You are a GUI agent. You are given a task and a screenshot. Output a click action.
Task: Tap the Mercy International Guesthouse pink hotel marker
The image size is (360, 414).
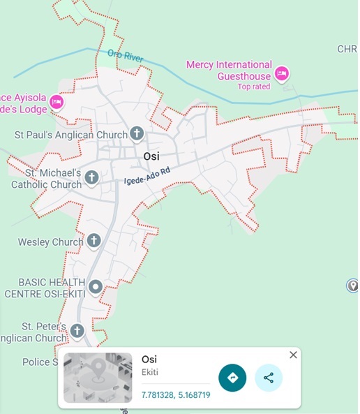[x=282, y=73]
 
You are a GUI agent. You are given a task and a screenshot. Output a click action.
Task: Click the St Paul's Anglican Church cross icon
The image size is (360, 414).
[x=137, y=133]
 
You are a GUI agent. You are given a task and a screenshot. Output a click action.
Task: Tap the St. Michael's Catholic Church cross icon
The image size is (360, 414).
[x=91, y=179]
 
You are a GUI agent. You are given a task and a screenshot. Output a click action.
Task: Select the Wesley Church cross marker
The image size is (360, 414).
[x=93, y=242]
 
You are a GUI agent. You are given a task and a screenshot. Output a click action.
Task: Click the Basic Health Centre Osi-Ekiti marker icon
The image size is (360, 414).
[x=96, y=286]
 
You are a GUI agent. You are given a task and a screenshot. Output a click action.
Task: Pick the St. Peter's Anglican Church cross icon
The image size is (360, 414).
[x=77, y=330]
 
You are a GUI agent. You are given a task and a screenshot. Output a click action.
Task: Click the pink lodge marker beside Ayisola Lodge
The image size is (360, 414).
[x=57, y=103]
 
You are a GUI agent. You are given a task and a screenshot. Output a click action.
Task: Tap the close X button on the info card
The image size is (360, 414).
[x=293, y=355]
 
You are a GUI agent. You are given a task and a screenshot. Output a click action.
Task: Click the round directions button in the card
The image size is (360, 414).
[x=232, y=378]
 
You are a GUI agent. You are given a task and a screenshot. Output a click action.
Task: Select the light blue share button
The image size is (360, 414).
[x=269, y=378]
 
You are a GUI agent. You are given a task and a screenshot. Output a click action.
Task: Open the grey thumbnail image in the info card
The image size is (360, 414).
[x=97, y=378]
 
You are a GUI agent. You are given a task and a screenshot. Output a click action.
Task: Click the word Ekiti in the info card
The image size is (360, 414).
[x=149, y=372]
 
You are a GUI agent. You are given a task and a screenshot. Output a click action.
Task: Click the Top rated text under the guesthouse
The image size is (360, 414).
[x=253, y=87]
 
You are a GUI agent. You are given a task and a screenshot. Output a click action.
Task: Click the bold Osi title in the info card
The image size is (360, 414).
[x=149, y=359]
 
